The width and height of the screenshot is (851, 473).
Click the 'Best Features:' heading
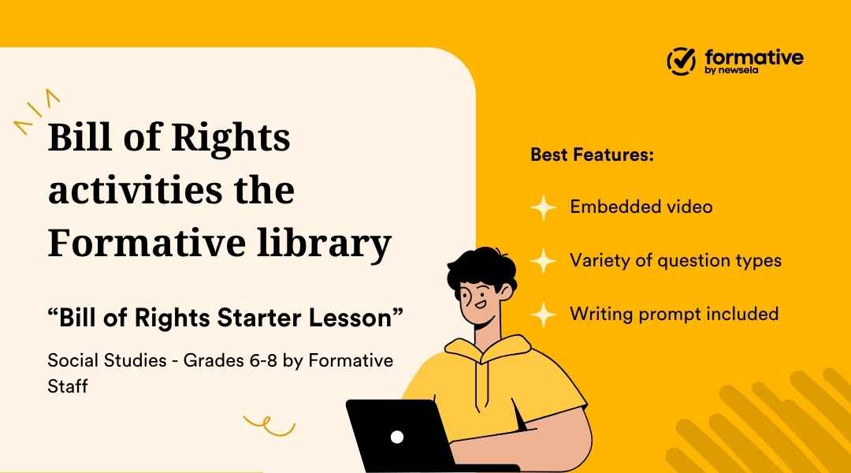point(592,155)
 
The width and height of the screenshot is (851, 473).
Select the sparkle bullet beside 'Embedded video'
point(543,207)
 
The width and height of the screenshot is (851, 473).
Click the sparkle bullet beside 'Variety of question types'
point(543,260)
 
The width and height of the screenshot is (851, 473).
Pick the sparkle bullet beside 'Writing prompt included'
point(543,314)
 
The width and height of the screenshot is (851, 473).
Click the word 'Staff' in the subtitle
point(67,387)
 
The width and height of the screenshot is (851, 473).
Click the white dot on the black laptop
point(397,436)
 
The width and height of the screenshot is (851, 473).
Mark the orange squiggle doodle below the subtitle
point(269,426)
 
